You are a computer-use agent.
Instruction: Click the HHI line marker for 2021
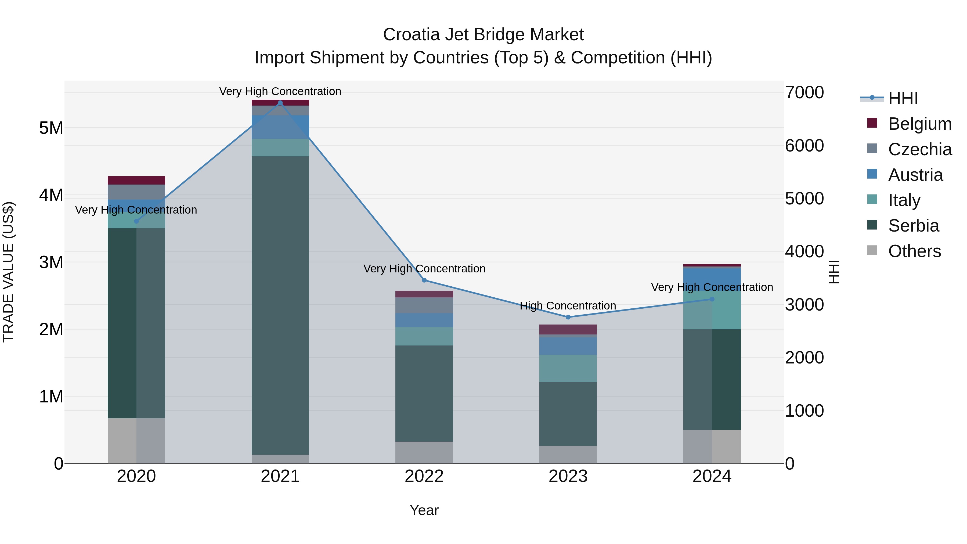pyautogui.click(x=280, y=103)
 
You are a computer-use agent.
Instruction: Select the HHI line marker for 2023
pyautogui.click(x=568, y=317)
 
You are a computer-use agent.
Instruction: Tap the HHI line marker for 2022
pyautogui.click(x=424, y=280)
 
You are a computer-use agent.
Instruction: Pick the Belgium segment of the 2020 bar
pyautogui.click(x=136, y=180)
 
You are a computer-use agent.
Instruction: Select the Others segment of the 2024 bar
pyautogui.click(x=712, y=446)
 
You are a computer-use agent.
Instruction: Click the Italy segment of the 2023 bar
pyautogui.click(x=568, y=368)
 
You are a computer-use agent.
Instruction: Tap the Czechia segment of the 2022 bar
pyautogui.click(x=424, y=305)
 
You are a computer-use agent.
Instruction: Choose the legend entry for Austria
pyautogui.click(x=915, y=175)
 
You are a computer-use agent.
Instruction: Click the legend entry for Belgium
pyautogui.click(x=919, y=124)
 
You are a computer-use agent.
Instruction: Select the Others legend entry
pyautogui.click(x=914, y=251)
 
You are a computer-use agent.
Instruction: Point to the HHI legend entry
pyautogui.click(x=903, y=98)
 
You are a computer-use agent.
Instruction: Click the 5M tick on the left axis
pyautogui.click(x=51, y=128)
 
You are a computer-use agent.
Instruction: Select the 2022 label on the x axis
pyautogui.click(x=424, y=476)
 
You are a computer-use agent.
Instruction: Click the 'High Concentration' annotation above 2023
pyautogui.click(x=568, y=306)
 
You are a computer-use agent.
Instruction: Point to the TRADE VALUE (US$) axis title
pyautogui.click(x=8, y=272)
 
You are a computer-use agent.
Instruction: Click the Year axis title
pyautogui.click(x=424, y=510)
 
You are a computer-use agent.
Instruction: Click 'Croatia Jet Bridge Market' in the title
pyautogui.click(x=483, y=35)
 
